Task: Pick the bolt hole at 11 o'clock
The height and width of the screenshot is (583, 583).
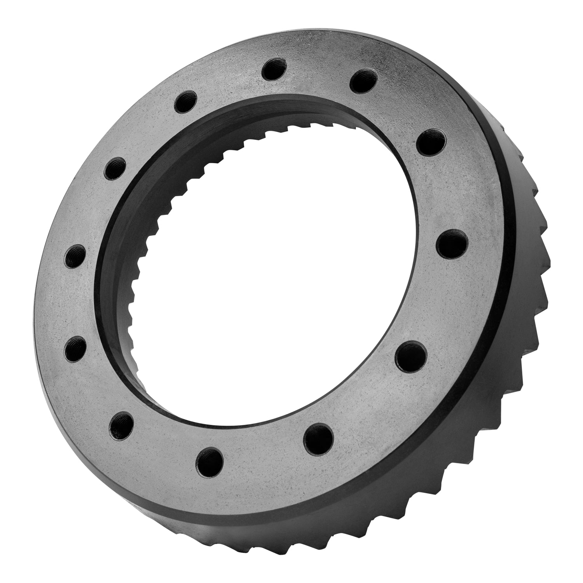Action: (x=186, y=102)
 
